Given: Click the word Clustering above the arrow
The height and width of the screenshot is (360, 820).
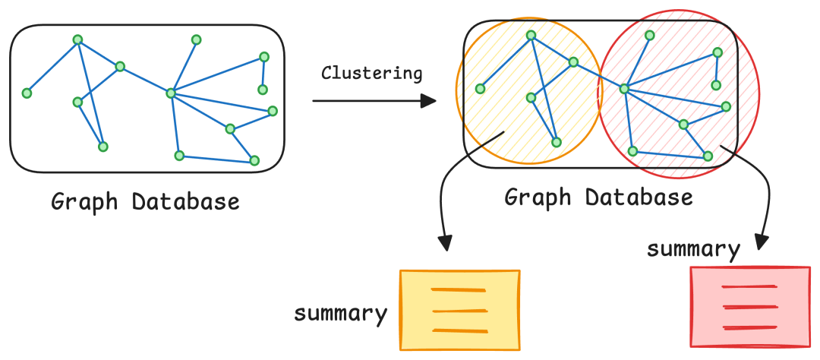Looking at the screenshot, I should (x=371, y=74).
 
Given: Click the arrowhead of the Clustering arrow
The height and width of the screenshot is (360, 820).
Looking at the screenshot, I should (x=430, y=101).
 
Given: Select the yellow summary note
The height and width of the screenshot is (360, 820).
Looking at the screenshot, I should (x=460, y=310).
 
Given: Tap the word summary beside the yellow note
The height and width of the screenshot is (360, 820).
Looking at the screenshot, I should (x=340, y=313).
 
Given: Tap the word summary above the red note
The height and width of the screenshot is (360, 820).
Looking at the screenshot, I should (x=693, y=249).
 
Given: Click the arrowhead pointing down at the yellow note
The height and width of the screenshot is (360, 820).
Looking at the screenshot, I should (x=446, y=243).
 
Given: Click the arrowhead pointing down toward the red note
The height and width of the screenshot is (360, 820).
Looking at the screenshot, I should (x=762, y=240).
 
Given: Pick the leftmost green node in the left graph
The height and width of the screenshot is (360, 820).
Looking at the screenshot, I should (x=27, y=93).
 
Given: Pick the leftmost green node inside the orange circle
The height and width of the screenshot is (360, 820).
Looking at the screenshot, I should (x=480, y=89).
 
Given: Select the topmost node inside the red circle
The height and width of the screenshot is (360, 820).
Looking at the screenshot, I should (x=649, y=35).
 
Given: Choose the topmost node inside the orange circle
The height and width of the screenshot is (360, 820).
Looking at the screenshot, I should (x=531, y=35).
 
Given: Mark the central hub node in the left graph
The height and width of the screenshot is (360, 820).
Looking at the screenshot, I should (x=171, y=93).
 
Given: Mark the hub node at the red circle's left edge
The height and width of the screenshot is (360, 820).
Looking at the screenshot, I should (x=624, y=89).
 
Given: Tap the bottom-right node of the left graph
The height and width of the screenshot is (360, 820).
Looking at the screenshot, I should (x=254, y=160).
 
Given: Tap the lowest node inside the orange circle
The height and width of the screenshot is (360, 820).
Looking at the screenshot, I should (x=557, y=142).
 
